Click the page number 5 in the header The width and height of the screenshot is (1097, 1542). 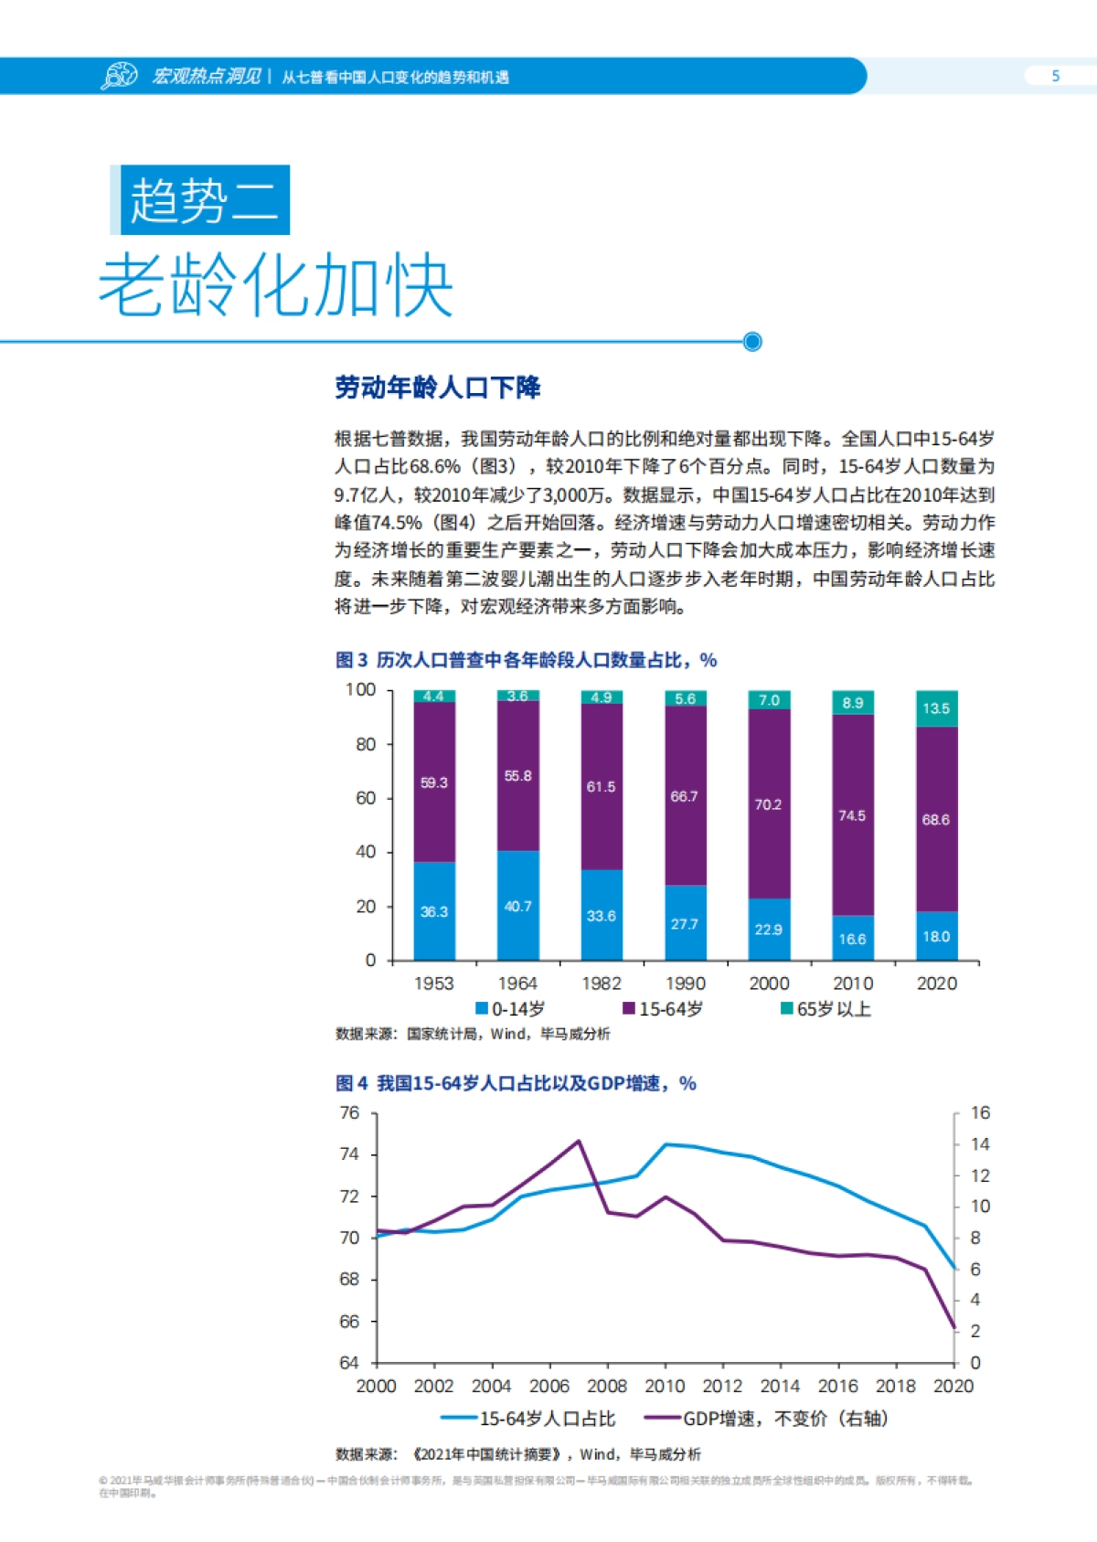coord(1055,76)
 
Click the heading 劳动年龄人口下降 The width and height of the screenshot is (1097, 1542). coord(438,388)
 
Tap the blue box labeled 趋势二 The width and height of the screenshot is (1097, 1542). coord(204,200)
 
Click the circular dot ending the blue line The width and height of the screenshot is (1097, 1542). coord(752,342)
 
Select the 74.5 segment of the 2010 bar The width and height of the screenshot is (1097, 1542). coord(852,814)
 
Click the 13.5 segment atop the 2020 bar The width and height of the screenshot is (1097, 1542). coord(936,708)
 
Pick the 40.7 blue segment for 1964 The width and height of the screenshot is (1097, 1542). coord(517,906)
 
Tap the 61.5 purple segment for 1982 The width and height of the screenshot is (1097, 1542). coord(601,786)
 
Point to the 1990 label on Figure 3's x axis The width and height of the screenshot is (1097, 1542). coord(685,984)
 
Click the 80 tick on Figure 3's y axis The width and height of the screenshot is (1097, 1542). coord(366,744)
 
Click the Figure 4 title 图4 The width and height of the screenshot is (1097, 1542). coord(352,1083)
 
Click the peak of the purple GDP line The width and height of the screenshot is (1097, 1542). coord(578,1141)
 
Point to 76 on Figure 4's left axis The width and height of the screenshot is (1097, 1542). coord(349,1112)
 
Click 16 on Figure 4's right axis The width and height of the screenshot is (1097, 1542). coord(980,1112)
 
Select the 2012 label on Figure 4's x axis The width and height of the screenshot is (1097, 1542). coord(722,1386)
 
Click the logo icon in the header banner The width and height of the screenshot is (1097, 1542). coord(119,76)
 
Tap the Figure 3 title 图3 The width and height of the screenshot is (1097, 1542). coord(352,660)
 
